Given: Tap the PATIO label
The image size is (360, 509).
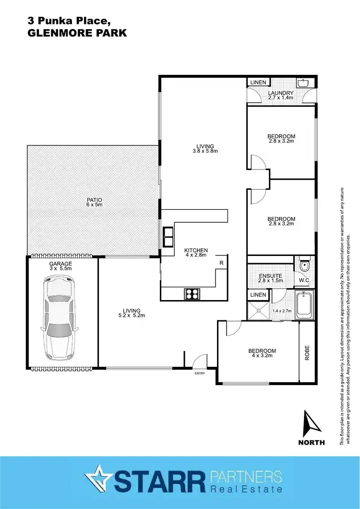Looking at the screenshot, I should (x=95, y=200).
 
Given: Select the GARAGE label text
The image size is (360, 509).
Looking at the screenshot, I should (x=60, y=264).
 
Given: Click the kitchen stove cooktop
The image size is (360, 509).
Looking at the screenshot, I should (x=192, y=293).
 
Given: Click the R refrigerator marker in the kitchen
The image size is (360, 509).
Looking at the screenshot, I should (x=221, y=263).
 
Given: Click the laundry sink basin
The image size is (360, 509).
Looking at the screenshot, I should (x=303, y=84).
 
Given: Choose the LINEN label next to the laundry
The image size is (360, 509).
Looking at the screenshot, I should (x=258, y=83).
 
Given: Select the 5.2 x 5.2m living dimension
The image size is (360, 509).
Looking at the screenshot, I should (x=132, y=315).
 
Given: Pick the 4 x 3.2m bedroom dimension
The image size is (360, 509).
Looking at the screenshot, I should (x=263, y=356).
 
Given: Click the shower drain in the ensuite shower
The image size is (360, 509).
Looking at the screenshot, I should (x=259, y=310).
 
